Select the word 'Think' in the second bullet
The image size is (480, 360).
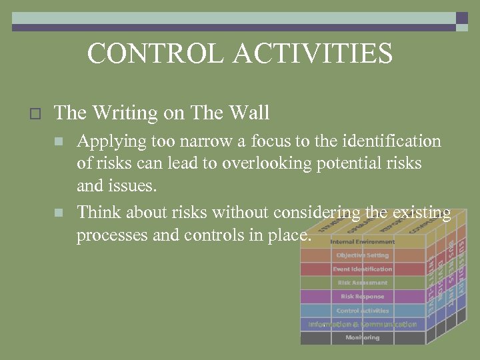click(99, 213)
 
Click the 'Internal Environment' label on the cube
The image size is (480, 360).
click(362, 241)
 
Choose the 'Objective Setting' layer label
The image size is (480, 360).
click(362, 255)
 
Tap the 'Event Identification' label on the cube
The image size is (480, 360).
click(362, 269)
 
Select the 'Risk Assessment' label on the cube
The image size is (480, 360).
click(362, 283)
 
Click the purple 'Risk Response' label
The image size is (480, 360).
click(362, 297)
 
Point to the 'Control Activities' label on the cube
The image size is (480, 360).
click(362, 311)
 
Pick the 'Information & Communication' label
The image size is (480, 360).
click(362, 325)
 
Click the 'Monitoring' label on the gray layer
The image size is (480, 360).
click(362, 338)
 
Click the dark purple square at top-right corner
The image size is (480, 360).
click(462, 18)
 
